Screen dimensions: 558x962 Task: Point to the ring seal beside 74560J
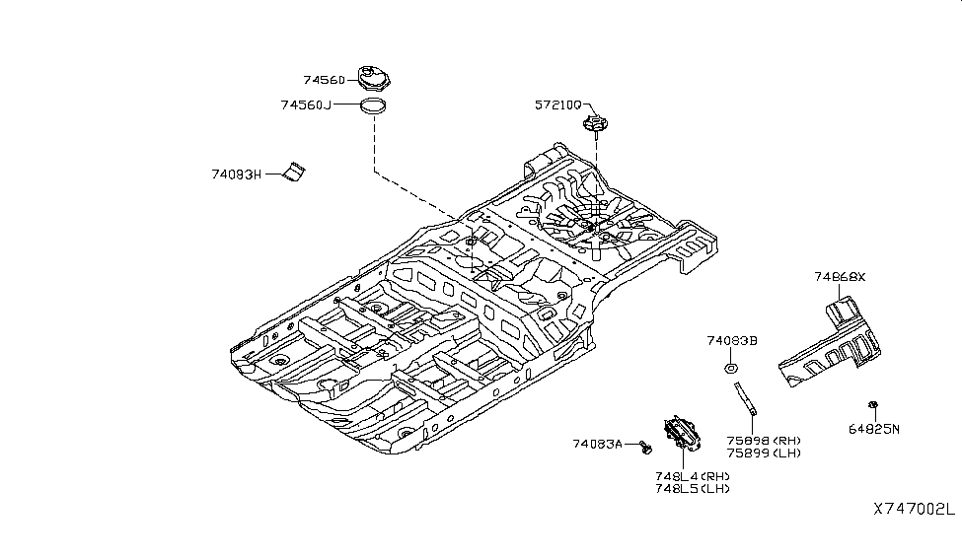[x=372, y=106]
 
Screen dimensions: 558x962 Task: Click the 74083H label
[x=237, y=174]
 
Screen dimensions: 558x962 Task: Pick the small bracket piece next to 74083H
[x=293, y=170]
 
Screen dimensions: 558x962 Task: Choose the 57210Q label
[x=558, y=105]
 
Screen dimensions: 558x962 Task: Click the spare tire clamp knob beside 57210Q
[x=595, y=125]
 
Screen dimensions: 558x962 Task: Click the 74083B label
[x=731, y=341]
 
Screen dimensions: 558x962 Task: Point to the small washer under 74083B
[x=730, y=369]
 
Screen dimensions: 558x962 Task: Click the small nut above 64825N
[x=873, y=405]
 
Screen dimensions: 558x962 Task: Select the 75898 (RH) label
[x=764, y=441]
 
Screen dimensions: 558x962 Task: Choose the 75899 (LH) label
[x=764, y=453]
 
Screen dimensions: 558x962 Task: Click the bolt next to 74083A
[x=645, y=449]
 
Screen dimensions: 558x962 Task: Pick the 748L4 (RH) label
[x=690, y=476]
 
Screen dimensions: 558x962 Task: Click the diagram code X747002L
[x=913, y=510]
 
